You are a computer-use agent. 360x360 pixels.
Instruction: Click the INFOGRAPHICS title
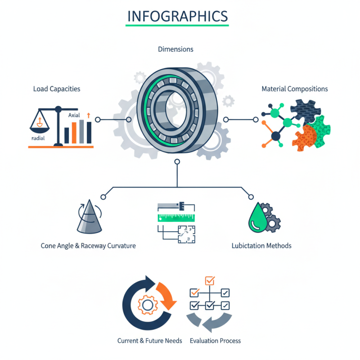point(177,16)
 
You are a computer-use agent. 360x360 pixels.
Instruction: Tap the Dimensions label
point(175,49)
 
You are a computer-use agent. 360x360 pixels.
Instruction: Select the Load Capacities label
point(57,89)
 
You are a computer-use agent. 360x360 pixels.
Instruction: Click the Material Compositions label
point(295,89)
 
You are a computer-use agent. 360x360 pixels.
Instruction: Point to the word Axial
point(74,116)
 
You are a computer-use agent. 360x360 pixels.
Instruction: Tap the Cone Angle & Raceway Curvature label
point(88,246)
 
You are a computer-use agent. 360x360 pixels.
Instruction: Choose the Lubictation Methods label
point(261,246)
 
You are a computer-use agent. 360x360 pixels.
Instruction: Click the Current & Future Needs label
point(150,341)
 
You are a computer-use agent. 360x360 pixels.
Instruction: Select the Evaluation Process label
point(216,341)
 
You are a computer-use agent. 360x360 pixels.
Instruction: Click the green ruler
point(176,218)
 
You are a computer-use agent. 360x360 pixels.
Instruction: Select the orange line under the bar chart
point(60,147)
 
